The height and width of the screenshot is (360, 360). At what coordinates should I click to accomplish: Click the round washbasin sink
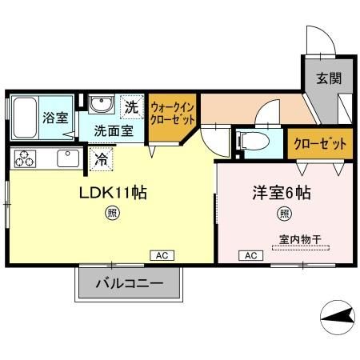coord(102,105)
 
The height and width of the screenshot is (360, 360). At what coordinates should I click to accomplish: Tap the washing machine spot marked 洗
coord(130,106)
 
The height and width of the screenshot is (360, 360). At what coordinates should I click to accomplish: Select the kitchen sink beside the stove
coord(66,157)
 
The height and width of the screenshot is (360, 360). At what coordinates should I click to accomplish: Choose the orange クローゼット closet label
coord(320,144)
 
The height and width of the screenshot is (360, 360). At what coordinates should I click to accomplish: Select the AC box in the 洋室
coord(250,255)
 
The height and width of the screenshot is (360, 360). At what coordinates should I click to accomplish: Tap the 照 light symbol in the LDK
coord(112,213)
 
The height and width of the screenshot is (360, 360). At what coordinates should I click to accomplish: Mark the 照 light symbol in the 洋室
coord(284,213)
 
